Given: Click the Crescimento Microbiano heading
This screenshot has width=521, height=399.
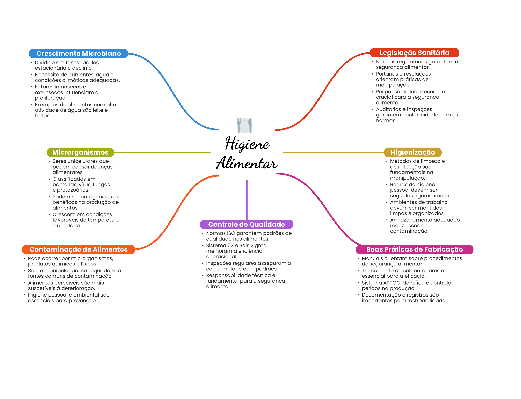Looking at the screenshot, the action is pos(78,53).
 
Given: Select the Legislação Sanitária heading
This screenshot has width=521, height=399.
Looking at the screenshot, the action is pos(414,53).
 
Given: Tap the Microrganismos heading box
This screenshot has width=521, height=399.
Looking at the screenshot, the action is pos(80,152).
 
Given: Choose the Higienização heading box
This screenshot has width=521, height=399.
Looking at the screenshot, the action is pos(413,152).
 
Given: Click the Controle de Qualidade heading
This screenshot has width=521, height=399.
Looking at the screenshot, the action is pos(247,224).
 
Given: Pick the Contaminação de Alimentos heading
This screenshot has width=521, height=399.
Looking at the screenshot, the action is pos(79,249).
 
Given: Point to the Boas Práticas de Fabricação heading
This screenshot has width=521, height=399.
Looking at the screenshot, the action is pos(414,249).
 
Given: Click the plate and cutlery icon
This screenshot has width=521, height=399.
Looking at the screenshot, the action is pos(244,125).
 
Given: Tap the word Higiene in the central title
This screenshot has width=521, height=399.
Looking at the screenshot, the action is pos(247,143).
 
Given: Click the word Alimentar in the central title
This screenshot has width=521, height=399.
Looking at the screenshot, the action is pos(247,163).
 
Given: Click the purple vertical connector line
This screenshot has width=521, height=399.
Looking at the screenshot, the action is pos(247,200).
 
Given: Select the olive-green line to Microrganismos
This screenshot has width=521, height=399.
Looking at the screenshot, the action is pos(162,152).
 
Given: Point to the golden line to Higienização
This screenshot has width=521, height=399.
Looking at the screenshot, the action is pos(333,152).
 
